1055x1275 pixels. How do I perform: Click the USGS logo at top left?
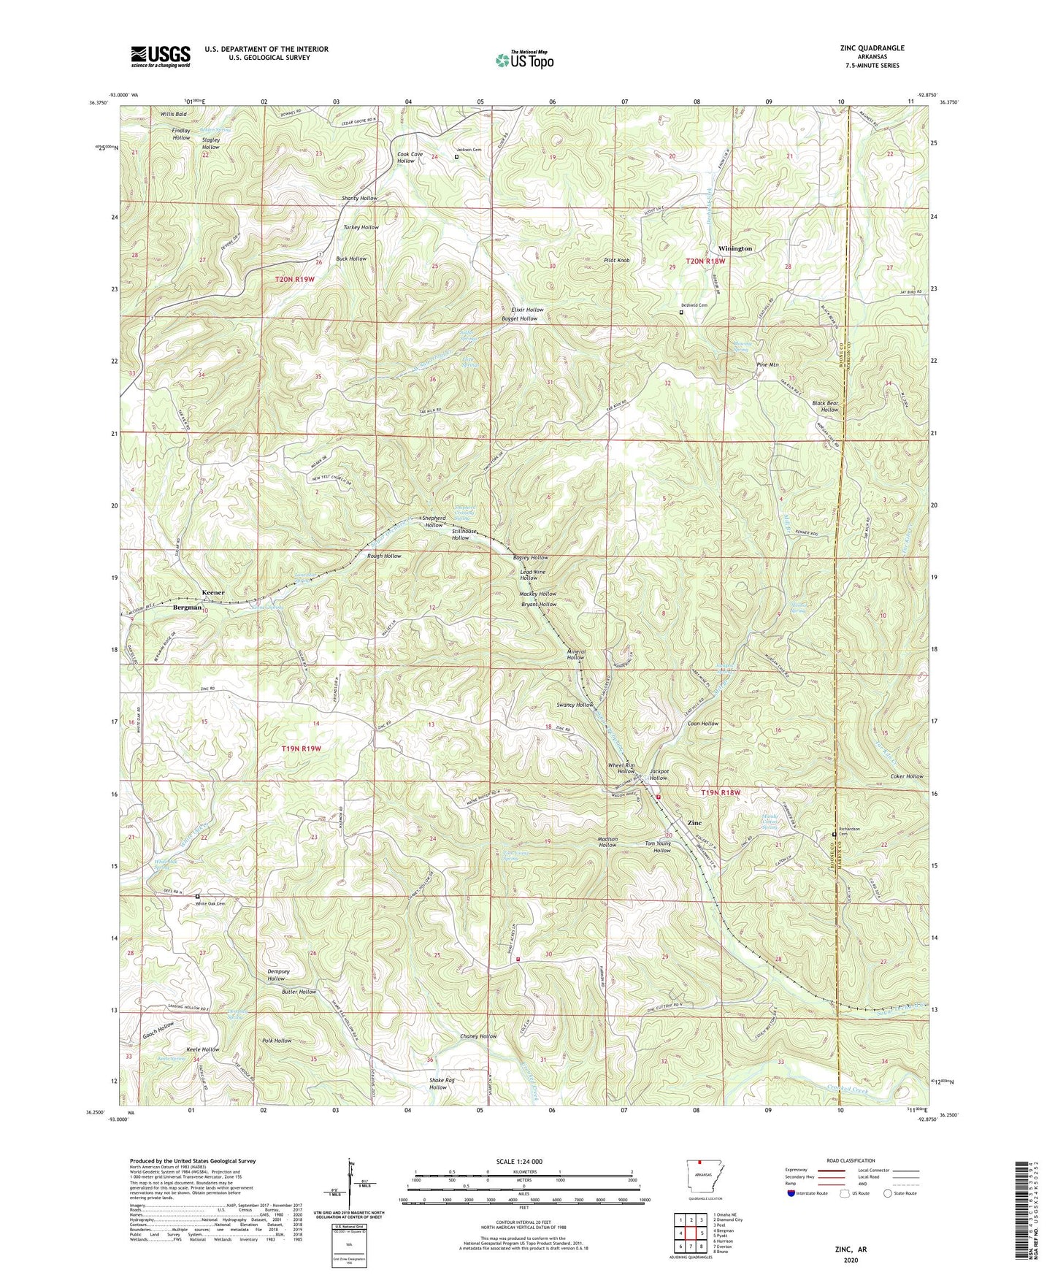[161, 55]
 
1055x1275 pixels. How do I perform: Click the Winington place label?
[734, 249]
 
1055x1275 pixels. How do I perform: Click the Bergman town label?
[187, 608]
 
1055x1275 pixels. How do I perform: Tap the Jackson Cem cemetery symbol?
[457, 156]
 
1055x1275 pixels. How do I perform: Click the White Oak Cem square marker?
[198, 896]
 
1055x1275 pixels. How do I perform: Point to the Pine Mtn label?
[767, 364]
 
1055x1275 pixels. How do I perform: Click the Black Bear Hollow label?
[826, 406]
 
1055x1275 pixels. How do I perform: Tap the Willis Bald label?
[174, 115]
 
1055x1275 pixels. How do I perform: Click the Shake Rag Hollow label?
[438, 1083]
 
